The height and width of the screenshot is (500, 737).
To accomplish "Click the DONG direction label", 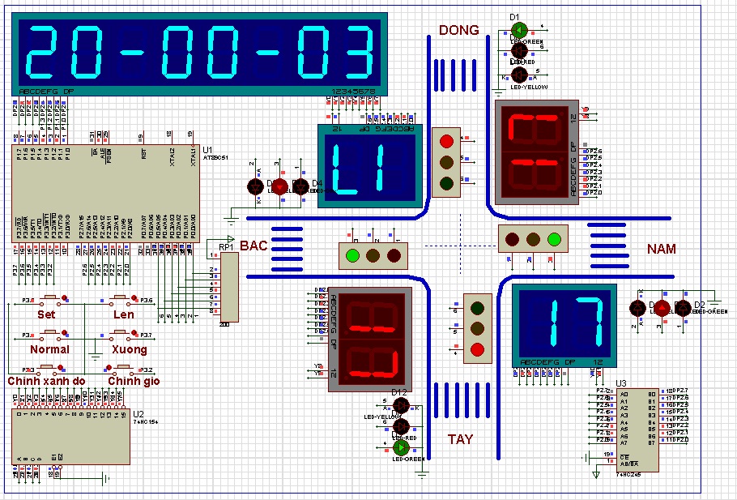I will [x=459, y=31].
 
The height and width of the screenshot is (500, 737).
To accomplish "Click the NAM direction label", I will [x=662, y=249].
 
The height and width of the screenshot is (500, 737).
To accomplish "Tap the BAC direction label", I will [x=253, y=245].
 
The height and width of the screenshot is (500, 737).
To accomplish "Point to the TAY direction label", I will [x=461, y=439].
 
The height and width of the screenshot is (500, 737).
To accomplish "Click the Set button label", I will [x=47, y=314].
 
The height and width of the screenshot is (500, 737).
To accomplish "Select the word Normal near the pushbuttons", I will [x=49, y=349].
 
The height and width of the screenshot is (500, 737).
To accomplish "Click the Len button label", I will [x=124, y=314].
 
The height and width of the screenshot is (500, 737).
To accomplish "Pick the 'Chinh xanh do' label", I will [x=46, y=381].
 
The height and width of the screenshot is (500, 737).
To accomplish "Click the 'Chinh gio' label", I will [x=135, y=381].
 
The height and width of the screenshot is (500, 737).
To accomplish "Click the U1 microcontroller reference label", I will [x=208, y=151].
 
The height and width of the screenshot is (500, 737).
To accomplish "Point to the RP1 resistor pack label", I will [x=226, y=246].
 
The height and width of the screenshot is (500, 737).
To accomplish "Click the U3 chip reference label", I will [x=621, y=383].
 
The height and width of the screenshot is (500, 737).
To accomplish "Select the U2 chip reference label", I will [x=138, y=413].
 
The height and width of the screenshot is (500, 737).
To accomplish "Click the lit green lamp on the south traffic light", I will [x=554, y=239].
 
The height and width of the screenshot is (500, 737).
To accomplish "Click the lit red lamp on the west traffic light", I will [x=477, y=350].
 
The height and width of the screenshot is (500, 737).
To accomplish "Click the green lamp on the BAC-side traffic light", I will [x=352, y=256].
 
